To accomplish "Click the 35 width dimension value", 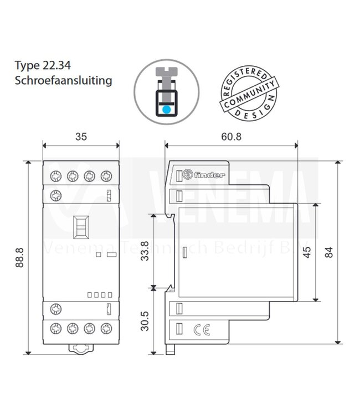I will [x=81, y=136].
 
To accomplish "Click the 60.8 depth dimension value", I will [x=232, y=136].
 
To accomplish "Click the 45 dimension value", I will [x=306, y=252].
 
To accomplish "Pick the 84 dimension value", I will [x=330, y=252].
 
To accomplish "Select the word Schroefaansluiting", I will [x=64, y=81].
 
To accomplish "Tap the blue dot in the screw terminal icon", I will [x=166, y=108].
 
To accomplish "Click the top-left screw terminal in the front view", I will [x=55, y=177].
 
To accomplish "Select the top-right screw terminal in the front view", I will [x=106, y=177].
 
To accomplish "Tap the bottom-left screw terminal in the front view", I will [x=55, y=329].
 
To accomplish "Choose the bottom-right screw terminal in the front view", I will [x=106, y=329].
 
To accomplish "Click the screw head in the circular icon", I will [x=166, y=71].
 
